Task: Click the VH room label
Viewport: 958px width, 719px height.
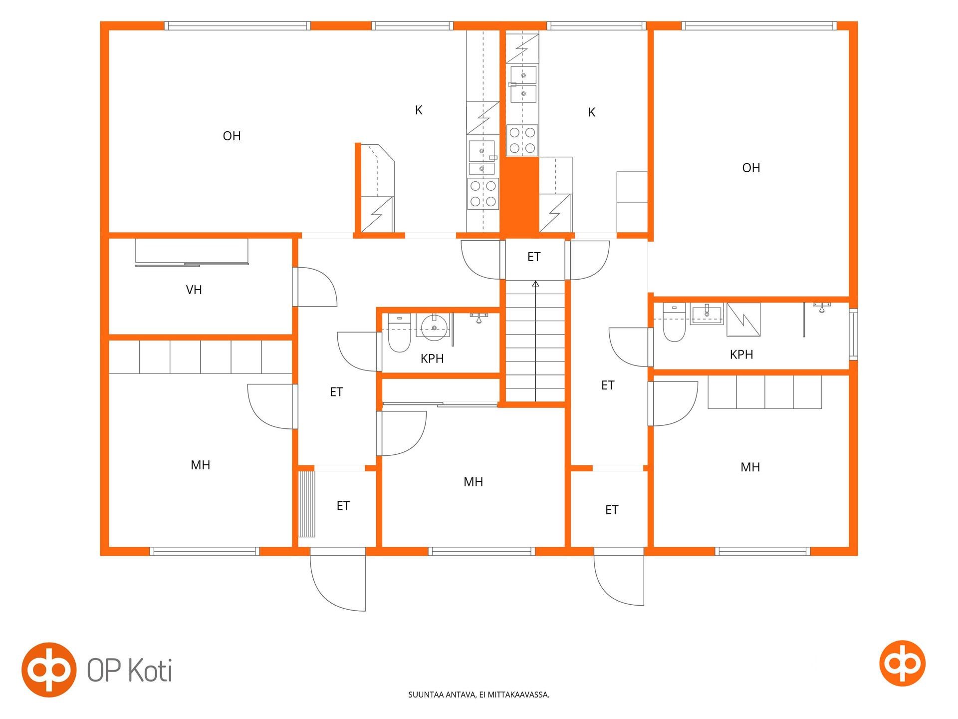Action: coord(194,290)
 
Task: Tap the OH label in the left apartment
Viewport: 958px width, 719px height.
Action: coord(232,136)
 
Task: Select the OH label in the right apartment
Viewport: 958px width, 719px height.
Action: coord(751,168)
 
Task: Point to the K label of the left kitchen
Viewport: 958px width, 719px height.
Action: coord(419,110)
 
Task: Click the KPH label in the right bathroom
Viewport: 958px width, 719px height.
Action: coord(741,355)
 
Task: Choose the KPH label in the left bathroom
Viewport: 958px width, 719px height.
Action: coord(432,359)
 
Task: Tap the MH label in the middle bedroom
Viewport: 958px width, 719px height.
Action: coord(473,482)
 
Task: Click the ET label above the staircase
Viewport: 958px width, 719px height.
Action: coord(534,257)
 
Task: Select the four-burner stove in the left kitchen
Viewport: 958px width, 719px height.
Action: coord(483,193)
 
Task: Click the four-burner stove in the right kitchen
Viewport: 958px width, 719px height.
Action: coord(522,140)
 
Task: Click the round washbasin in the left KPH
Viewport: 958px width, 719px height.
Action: coord(435,327)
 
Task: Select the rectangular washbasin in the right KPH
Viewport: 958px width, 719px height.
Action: coord(707,314)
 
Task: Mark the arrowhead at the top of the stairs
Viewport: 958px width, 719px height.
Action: coord(536,284)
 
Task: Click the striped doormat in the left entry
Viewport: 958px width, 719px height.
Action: coord(307,504)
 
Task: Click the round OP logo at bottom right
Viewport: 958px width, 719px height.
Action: coord(902,663)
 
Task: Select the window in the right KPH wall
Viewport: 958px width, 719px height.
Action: coord(854,334)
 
